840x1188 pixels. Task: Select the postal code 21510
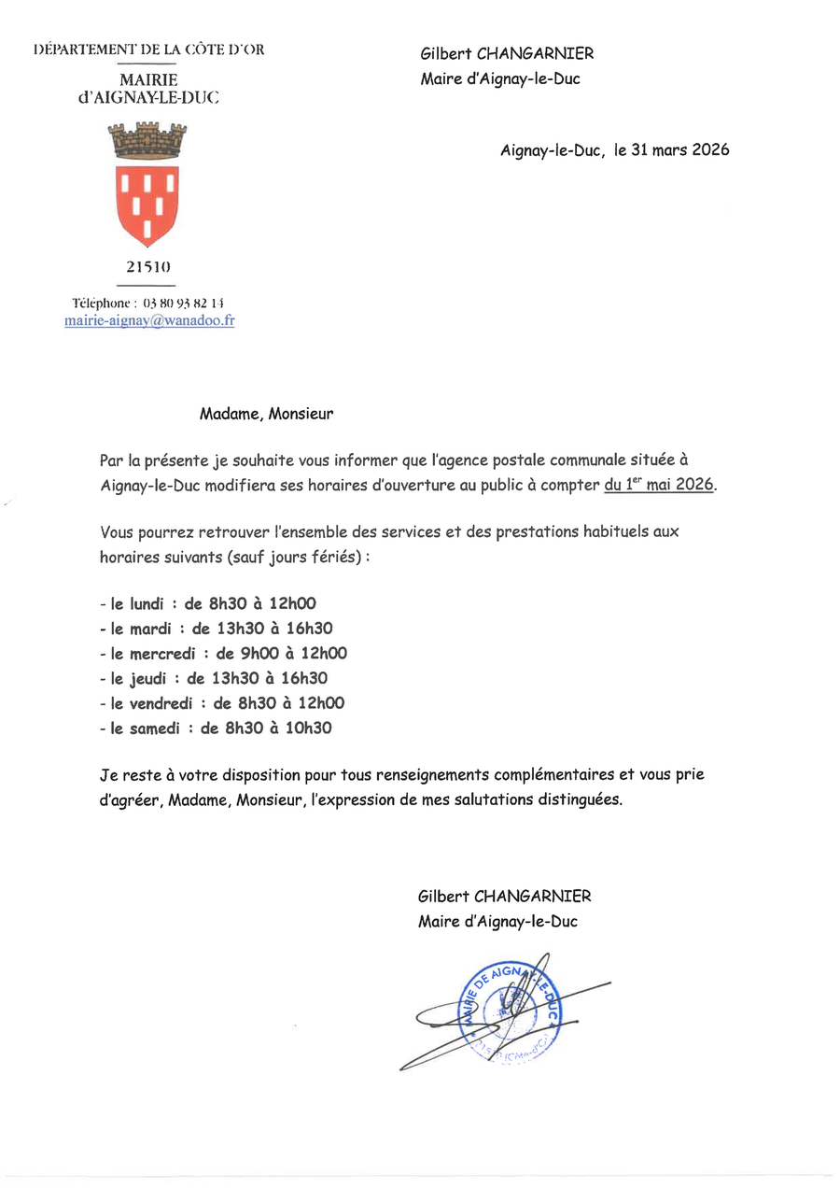147,268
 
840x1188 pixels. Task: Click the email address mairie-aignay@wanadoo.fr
149,319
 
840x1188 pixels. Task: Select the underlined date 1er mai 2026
659,485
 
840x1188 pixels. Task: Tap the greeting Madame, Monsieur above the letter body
266,414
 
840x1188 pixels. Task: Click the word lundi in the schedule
136,603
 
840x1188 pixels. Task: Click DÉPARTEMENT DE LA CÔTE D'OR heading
148,49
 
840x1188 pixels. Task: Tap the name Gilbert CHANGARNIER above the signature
504,897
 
